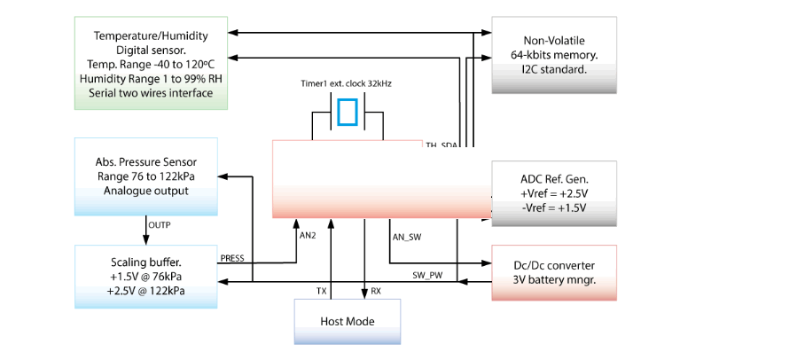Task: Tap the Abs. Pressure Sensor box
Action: click(x=146, y=176)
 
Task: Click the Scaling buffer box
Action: click(x=146, y=276)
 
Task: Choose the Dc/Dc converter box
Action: click(x=554, y=271)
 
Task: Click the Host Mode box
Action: click(x=347, y=320)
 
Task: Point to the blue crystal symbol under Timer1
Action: click(x=348, y=113)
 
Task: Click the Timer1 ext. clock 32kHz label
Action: click(x=347, y=84)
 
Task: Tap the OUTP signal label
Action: click(x=160, y=225)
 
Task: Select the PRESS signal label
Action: click(x=232, y=259)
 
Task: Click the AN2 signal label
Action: click(x=308, y=235)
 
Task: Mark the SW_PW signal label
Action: click(x=427, y=275)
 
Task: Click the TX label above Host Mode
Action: click(x=321, y=291)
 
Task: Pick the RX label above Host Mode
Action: click(x=376, y=291)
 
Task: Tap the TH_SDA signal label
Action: click(x=441, y=145)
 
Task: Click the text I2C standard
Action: click(x=554, y=68)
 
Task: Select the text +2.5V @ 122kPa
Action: click(x=146, y=290)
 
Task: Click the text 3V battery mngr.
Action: click(x=554, y=279)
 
